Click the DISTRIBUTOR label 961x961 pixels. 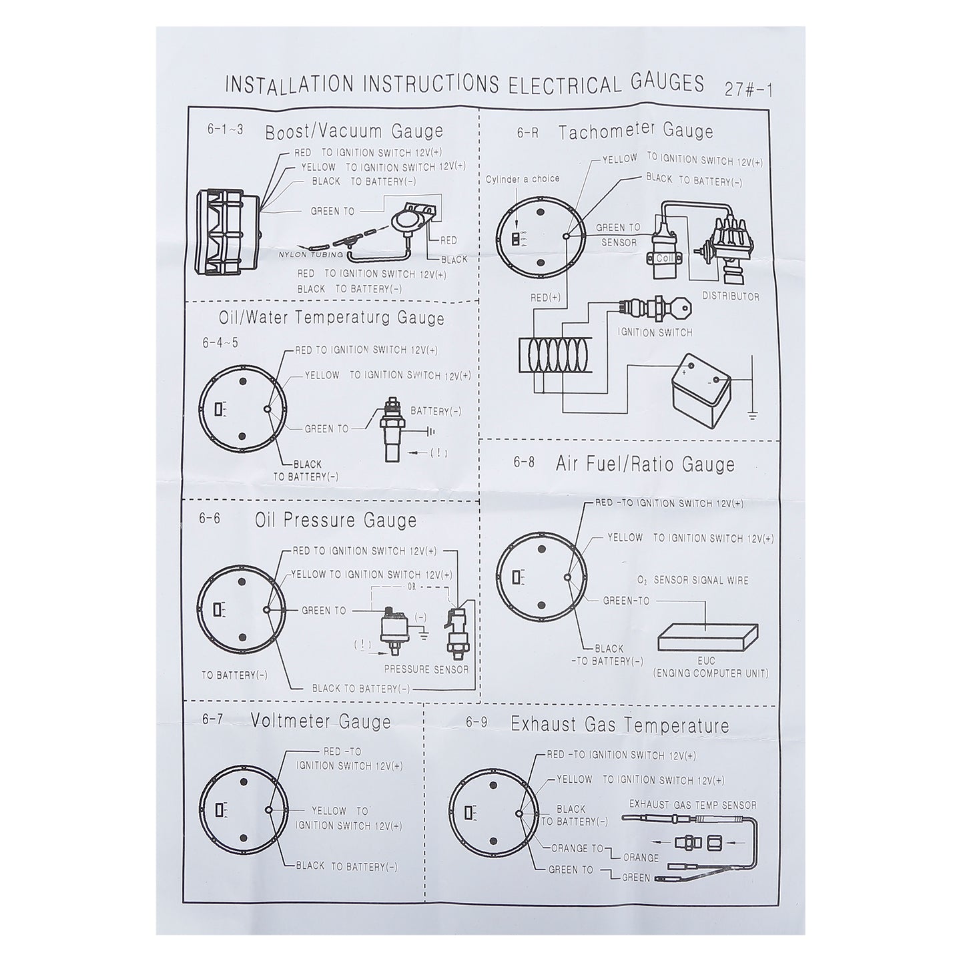pos(731,296)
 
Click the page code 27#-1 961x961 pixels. pos(748,90)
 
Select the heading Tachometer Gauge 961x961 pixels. pos(636,131)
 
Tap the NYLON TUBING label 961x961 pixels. pos(311,255)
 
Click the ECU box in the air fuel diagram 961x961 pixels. pos(707,637)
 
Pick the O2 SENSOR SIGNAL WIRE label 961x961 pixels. pos(693,581)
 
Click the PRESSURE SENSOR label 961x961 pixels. pos(426,669)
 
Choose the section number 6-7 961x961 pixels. pos(212,719)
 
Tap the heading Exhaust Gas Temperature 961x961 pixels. pos(620,725)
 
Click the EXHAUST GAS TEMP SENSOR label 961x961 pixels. pos(693,805)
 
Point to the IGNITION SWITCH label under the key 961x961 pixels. pos(655,332)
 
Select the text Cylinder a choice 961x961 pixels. pos(523,179)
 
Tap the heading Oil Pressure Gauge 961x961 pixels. pos(336,520)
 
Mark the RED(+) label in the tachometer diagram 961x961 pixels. pos(546,298)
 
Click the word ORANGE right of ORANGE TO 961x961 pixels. pos(641,858)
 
